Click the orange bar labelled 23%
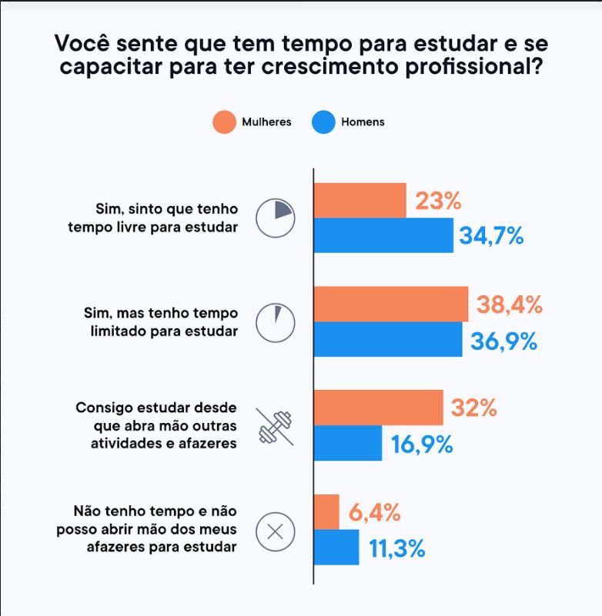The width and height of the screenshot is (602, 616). pyautogui.click(x=360, y=201)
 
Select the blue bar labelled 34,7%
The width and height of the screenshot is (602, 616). pyautogui.click(x=383, y=235)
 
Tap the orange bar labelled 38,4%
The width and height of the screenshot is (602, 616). pyautogui.click(x=391, y=305)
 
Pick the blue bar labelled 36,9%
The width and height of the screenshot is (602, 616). pyautogui.click(x=388, y=339)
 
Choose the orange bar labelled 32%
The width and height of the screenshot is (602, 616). pyautogui.click(x=379, y=408)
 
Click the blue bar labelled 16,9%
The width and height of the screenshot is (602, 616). pyautogui.click(x=348, y=443)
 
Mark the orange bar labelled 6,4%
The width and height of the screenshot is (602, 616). pyautogui.click(x=327, y=511)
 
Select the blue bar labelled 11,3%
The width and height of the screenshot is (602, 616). pyautogui.click(x=337, y=547)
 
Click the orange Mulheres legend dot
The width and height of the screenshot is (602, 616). pyautogui.click(x=223, y=122)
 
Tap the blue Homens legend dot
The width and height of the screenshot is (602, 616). pyautogui.click(x=323, y=122)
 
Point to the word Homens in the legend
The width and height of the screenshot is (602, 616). pyautogui.click(x=363, y=122)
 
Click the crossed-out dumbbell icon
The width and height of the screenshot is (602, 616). pyautogui.click(x=276, y=425)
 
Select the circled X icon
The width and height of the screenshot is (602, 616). pyautogui.click(x=276, y=530)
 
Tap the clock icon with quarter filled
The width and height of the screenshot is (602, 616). pyautogui.click(x=276, y=218)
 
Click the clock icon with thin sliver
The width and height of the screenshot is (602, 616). pyautogui.click(x=276, y=321)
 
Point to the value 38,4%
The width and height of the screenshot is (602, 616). pyautogui.click(x=509, y=305)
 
